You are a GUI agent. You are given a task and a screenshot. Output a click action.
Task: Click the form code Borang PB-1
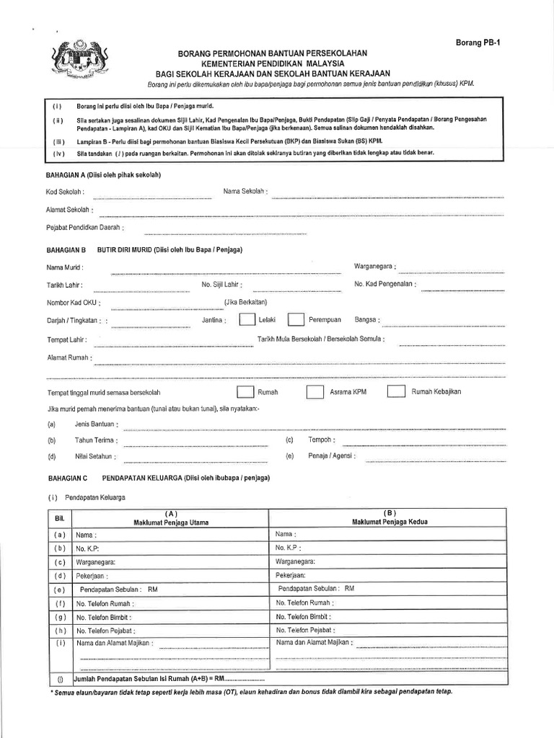478,43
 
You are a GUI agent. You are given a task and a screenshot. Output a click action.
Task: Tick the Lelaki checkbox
246,319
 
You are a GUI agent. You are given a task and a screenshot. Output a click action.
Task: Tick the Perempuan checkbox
295,319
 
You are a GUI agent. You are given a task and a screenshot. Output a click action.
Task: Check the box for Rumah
246,392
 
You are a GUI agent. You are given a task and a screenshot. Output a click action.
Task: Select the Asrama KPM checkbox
315,392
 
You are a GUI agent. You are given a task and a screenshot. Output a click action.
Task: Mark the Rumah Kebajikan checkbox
395,392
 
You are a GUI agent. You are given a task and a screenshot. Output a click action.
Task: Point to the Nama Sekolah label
246,192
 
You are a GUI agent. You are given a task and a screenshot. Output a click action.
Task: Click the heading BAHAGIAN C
67,478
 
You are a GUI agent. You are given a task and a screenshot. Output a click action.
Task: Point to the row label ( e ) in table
60,589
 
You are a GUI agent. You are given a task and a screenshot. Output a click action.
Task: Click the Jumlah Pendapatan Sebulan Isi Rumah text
150,679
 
